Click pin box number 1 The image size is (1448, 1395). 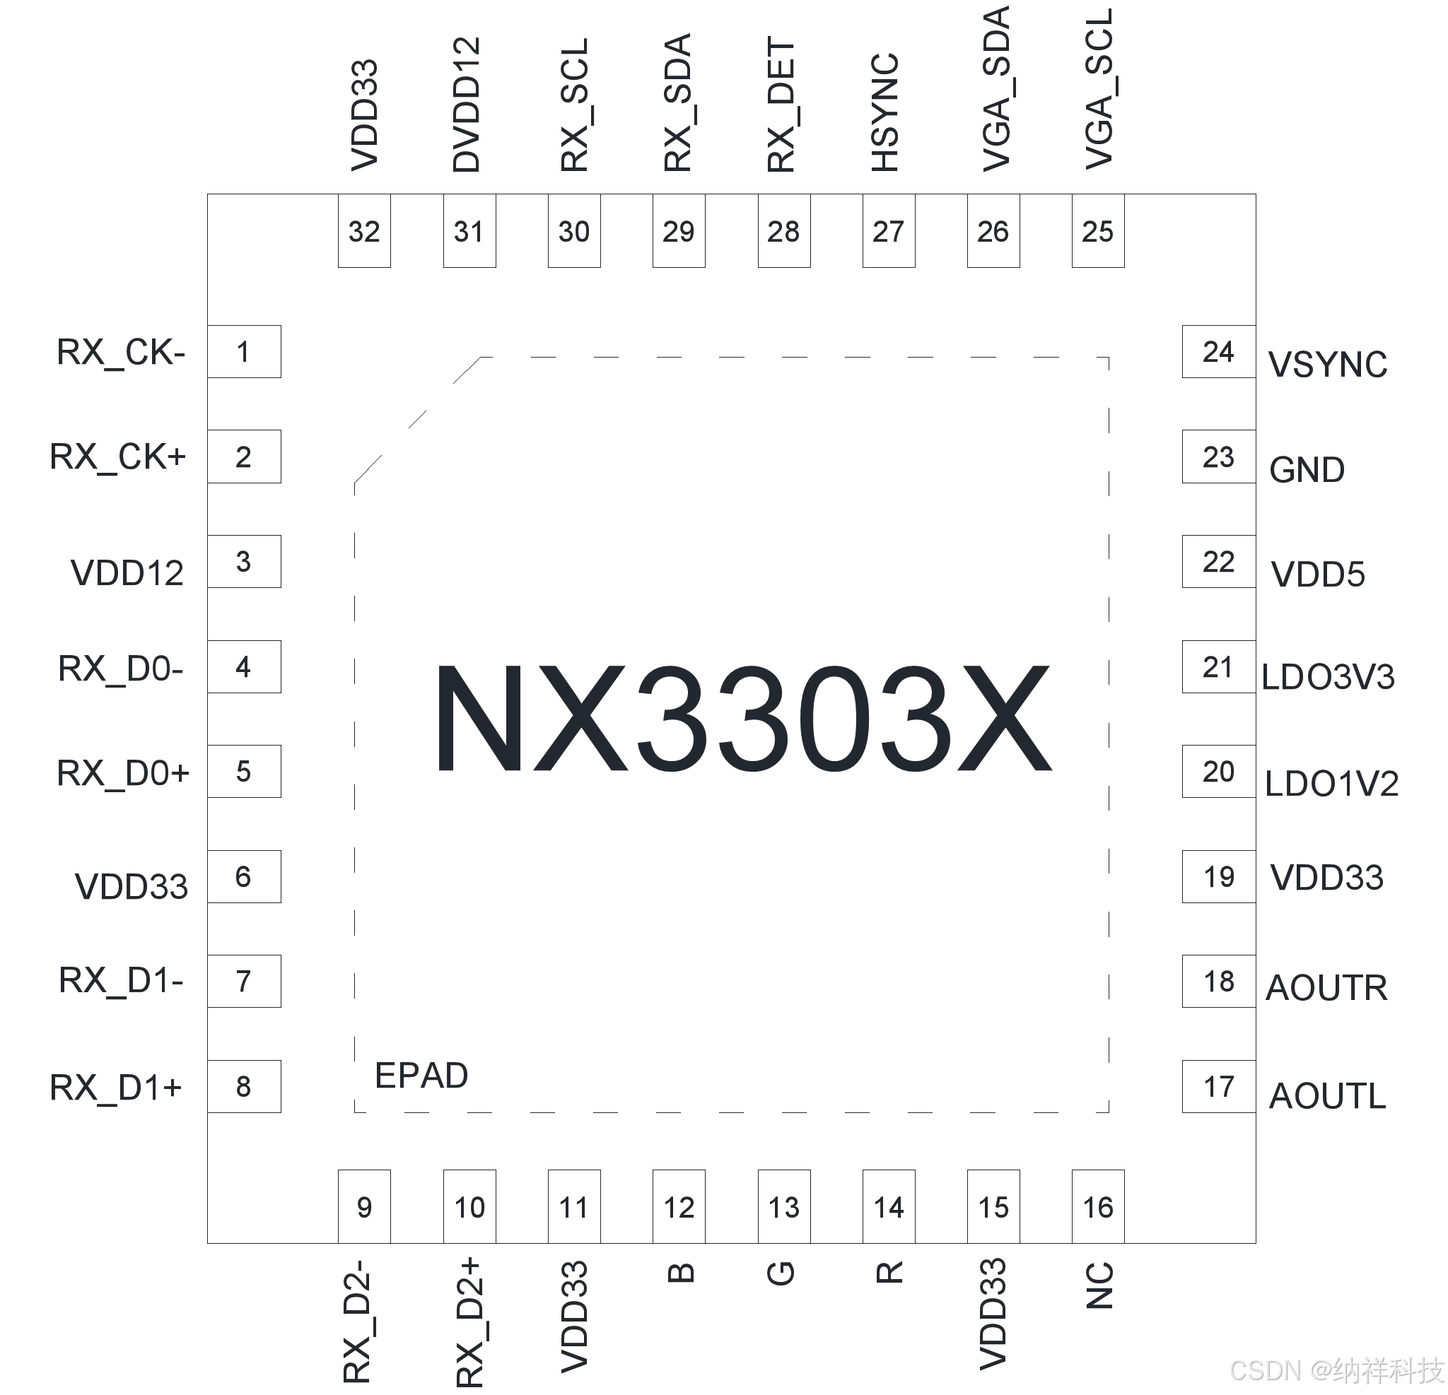[244, 351]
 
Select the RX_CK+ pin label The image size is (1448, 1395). [117, 457]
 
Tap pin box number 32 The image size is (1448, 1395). [364, 231]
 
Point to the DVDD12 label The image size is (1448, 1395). [467, 105]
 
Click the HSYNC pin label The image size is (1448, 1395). [885, 112]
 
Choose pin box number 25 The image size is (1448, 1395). [1098, 231]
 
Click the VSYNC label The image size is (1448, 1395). [1328, 365]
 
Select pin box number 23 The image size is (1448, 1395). [1218, 457]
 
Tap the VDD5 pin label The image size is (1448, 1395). [1318, 575]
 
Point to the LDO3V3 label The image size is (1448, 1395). [1328, 677]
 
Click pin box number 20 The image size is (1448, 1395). [1218, 772]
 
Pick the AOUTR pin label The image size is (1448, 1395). [1326, 988]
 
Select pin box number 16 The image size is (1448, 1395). [1098, 1208]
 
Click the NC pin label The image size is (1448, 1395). [1099, 1285]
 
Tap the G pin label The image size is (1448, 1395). [782, 1273]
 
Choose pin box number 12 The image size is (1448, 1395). [679, 1208]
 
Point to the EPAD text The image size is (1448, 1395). [421, 1076]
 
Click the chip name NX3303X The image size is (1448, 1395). [742, 719]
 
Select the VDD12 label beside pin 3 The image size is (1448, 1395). [127, 573]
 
